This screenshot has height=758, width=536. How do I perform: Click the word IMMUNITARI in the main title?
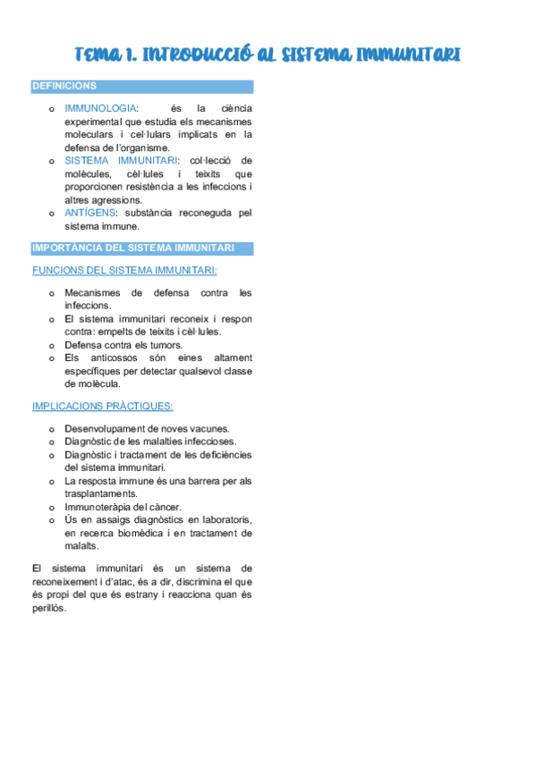(x=408, y=55)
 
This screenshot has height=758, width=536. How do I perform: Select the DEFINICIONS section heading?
(x=64, y=87)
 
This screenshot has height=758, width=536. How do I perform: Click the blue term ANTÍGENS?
(x=93, y=214)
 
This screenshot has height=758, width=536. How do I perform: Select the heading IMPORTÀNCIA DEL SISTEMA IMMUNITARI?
(x=132, y=248)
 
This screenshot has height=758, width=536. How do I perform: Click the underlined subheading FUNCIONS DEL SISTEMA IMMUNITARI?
(x=124, y=269)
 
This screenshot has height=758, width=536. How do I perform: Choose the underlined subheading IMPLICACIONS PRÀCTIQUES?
(x=103, y=406)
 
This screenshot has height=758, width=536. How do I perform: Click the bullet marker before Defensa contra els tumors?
(x=52, y=345)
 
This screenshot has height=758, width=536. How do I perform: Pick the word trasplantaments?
(x=101, y=493)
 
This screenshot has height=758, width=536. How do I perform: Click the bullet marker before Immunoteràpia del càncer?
(x=52, y=507)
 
